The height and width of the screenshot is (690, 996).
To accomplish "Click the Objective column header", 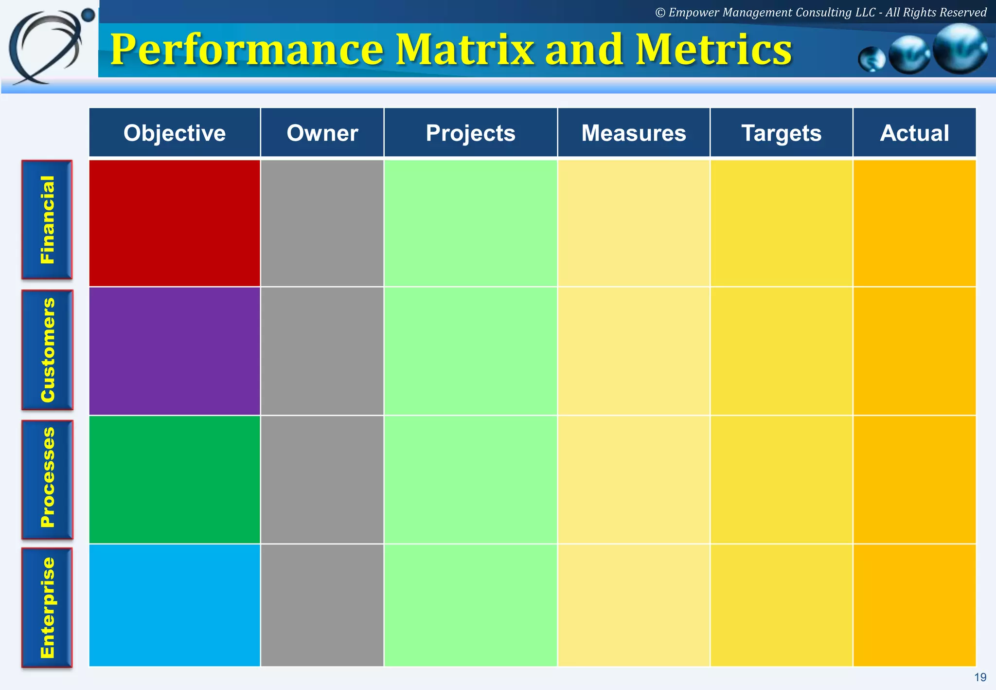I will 175,133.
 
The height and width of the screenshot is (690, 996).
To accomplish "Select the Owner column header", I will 322,133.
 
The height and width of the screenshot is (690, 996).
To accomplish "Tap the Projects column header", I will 470,133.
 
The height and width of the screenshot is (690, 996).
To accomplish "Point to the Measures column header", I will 633,133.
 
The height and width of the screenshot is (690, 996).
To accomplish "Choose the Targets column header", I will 781,133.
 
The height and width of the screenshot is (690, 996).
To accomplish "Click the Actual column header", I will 914,133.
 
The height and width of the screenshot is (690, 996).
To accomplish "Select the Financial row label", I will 47,219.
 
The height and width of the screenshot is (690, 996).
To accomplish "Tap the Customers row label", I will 47,350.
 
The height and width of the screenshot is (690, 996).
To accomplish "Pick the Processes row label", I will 47,479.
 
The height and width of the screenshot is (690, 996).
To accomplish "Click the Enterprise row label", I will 47,607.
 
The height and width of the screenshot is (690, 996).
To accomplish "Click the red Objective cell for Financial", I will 175,223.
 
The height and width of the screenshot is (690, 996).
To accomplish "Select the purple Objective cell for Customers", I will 175,351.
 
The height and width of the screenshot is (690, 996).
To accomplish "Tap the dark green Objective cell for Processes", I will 175,479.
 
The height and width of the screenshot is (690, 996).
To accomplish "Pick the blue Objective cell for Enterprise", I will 175,605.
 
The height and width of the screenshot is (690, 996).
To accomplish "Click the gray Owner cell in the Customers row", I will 322,351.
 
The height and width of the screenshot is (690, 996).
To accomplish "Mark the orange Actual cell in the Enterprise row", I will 914,605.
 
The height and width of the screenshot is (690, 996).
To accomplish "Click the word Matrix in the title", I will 466,50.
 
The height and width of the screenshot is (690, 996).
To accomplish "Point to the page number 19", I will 980,677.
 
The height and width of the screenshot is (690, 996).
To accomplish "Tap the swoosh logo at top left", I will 49,46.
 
